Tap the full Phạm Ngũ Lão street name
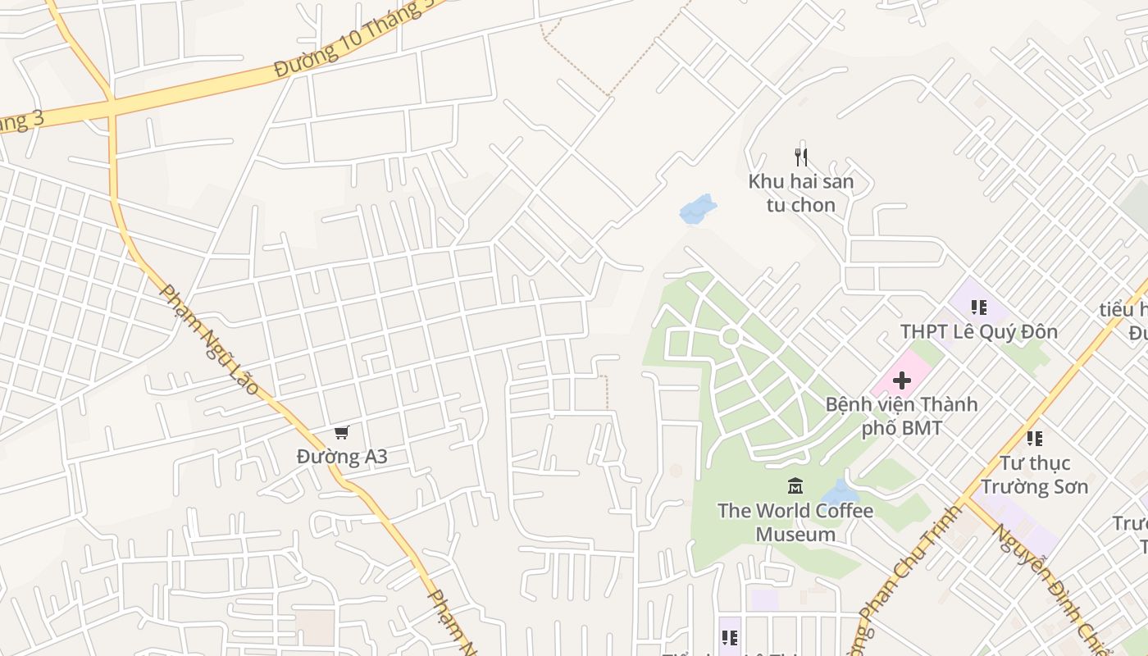point(209,339)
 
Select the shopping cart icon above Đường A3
point(341,432)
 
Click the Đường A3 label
point(342,456)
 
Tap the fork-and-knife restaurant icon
point(801,157)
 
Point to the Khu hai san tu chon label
point(801,193)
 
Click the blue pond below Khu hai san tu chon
point(697,209)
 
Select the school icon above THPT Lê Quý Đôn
point(978,307)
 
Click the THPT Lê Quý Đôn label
point(978,331)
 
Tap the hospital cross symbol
point(902,380)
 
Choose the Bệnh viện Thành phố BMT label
point(901,416)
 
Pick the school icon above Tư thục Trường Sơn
point(1034,439)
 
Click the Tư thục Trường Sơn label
point(1034,474)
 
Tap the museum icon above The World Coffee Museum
point(795,486)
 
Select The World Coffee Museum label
point(795,522)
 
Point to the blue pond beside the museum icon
point(839,492)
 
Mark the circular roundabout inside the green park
point(731,336)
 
